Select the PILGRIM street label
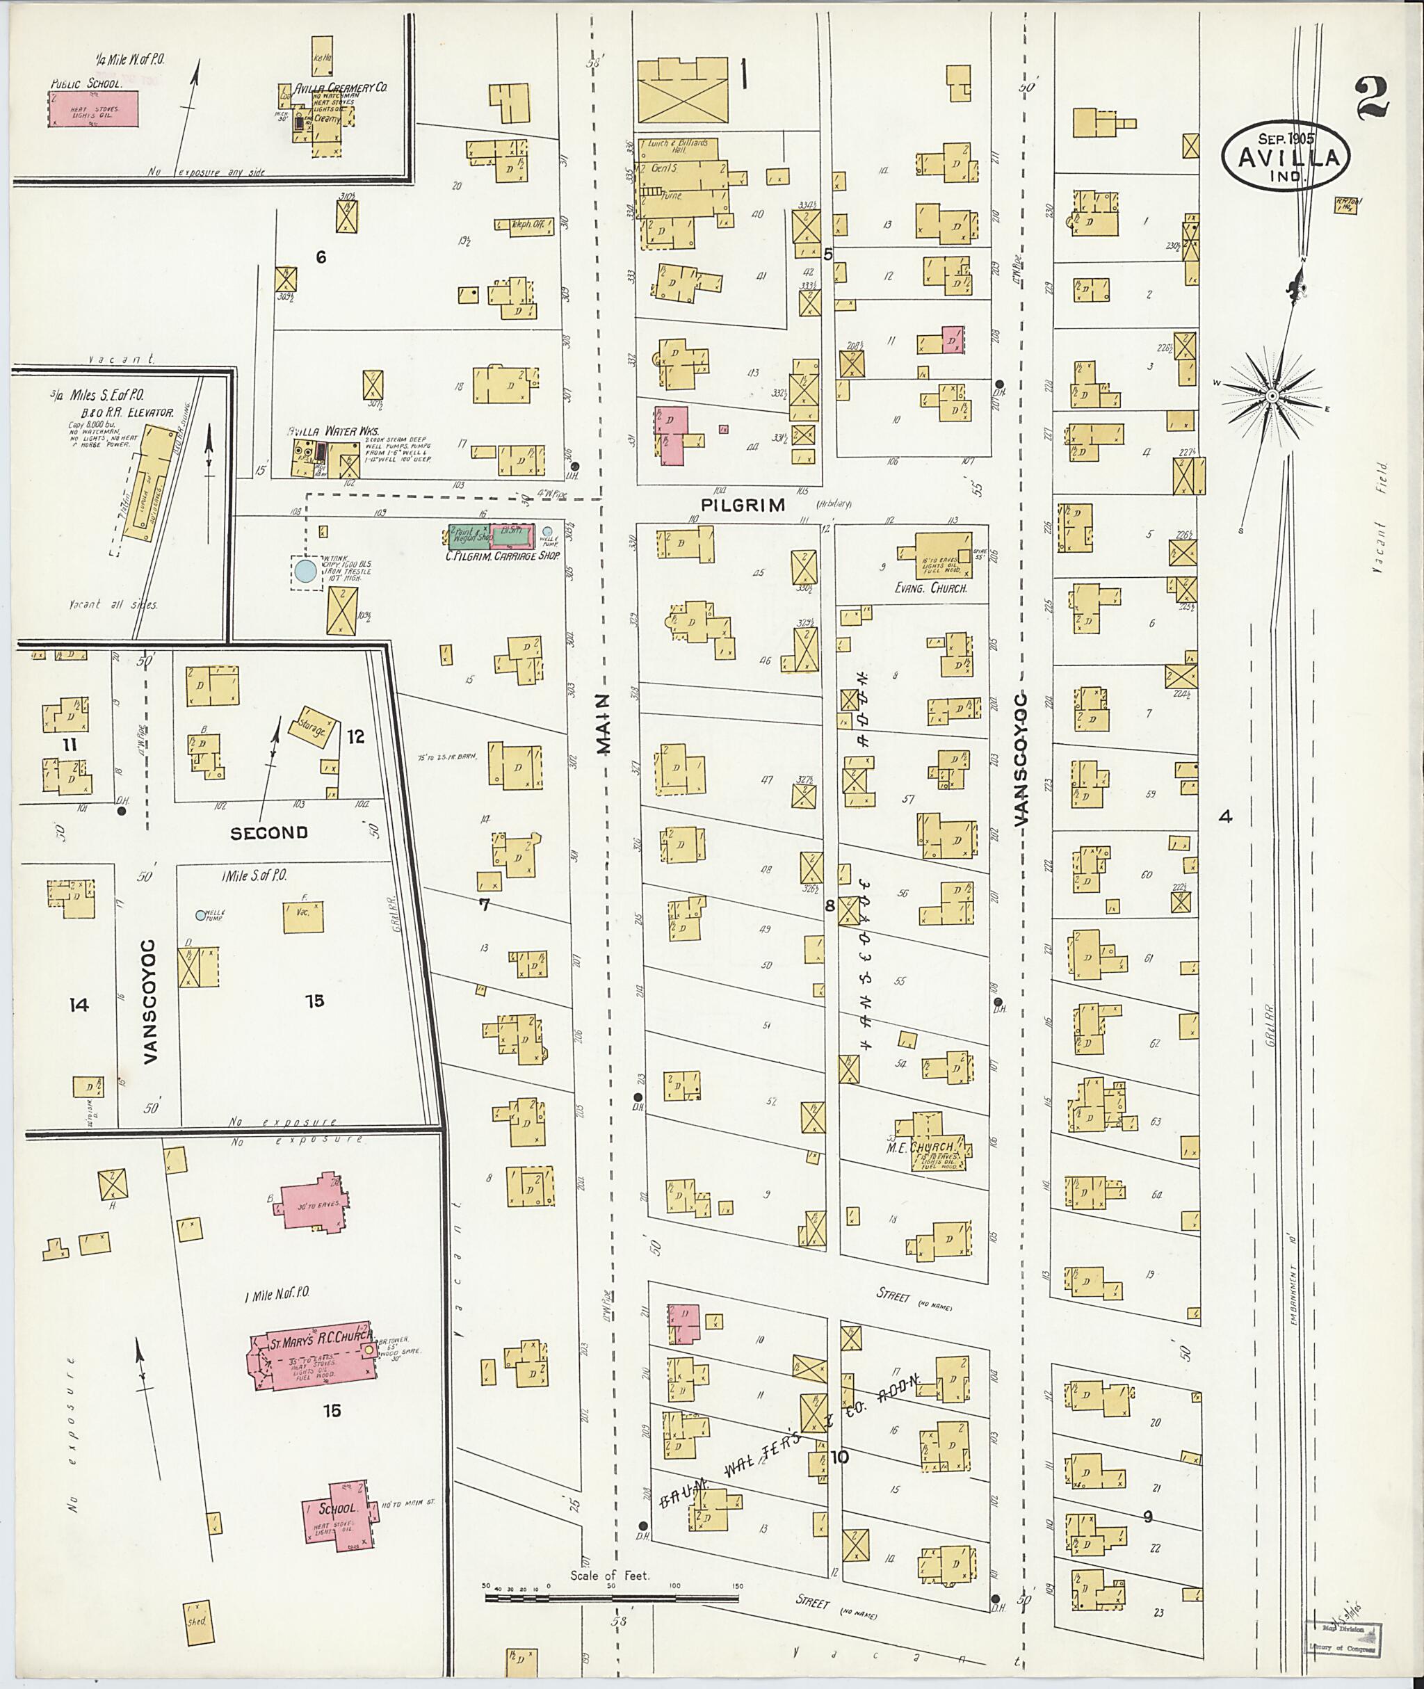(743, 506)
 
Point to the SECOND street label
(269, 832)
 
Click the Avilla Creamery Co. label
(342, 87)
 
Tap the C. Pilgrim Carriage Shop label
(503, 556)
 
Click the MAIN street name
(605, 724)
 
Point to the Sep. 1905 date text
(1286, 138)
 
